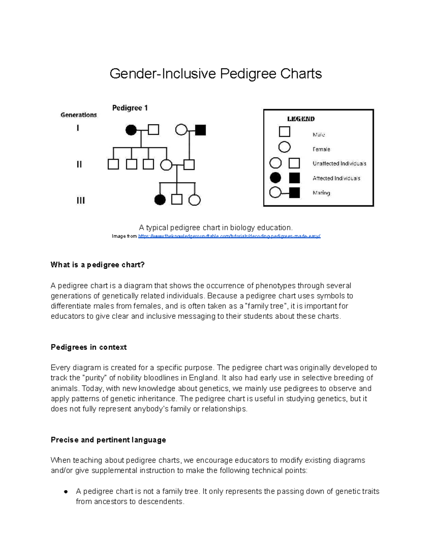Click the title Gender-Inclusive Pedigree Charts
(x=216, y=74)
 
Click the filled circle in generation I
(x=131, y=130)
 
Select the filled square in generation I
(x=201, y=130)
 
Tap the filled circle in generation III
(x=160, y=200)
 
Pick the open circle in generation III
(x=194, y=200)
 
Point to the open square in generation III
(x=177, y=199)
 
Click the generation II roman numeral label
(x=79, y=164)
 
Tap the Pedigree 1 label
(x=130, y=108)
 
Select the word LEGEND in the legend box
(x=301, y=119)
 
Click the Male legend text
(x=319, y=135)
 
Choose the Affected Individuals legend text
(x=336, y=178)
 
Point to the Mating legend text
(x=321, y=193)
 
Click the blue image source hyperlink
(x=229, y=236)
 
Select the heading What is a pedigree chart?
(x=98, y=265)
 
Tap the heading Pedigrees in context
(x=89, y=347)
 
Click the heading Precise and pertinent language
(x=108, y=440)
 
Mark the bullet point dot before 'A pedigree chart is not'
(x=66, y=491)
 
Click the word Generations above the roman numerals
(x=78, y=115)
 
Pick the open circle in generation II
(x=166, y=165)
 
